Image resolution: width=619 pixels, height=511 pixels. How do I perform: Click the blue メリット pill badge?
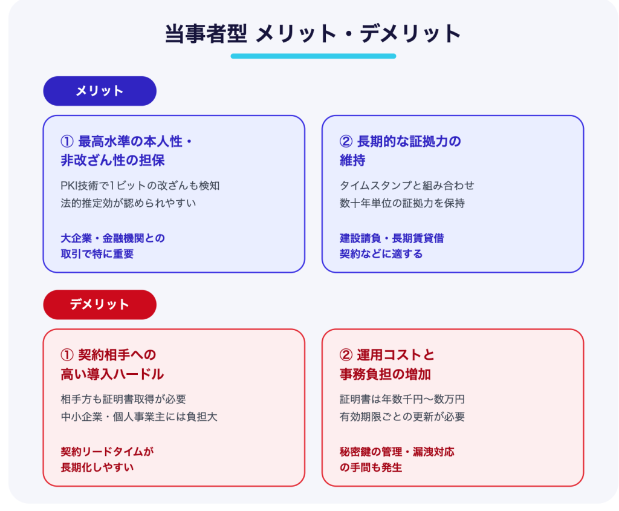[100, 91]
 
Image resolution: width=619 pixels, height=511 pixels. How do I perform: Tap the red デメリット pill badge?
[100, 304]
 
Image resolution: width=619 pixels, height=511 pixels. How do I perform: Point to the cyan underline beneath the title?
[313, 56]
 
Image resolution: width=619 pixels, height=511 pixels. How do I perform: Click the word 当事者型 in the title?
[206, 33]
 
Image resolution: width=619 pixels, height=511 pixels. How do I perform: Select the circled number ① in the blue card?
[67, 142]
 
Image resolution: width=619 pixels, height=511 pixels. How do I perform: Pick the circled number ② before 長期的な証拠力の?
[346, 142]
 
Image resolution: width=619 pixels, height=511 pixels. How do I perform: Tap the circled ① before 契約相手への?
[67, 355]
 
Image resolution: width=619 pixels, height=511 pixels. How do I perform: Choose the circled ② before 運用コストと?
[346, 355]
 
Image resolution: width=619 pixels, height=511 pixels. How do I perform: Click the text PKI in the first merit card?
[70, 186]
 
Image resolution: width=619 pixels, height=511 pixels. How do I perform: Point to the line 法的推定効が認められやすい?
[128, 203]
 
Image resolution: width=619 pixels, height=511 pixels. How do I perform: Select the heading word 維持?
[352, 160]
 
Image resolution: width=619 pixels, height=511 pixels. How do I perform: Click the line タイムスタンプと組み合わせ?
[407, 186]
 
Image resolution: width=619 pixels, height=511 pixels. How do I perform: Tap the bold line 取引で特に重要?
[97, 254]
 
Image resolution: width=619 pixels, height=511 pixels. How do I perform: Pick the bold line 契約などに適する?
[381, 254]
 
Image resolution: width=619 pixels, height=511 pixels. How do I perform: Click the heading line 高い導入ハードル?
[112, 374]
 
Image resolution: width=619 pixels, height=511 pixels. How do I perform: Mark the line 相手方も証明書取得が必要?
[123, 399]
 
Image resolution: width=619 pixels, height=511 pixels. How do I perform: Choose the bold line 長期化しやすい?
[97, 467]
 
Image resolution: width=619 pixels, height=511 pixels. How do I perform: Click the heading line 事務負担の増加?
[385, 374]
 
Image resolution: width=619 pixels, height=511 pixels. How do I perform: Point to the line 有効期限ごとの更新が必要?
[402, 417]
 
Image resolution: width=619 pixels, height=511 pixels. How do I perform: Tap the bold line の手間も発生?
[371, 467]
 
